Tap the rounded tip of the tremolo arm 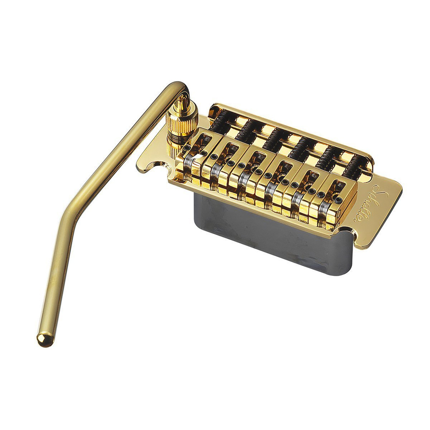coord(44,340)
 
